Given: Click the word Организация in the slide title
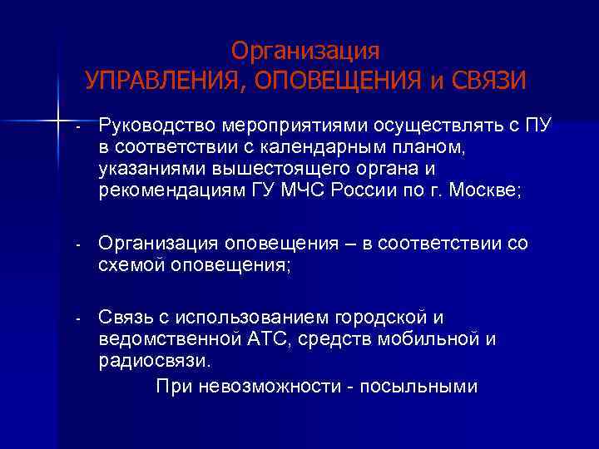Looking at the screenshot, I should [305, 52].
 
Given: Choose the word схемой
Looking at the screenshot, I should [131, 266].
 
